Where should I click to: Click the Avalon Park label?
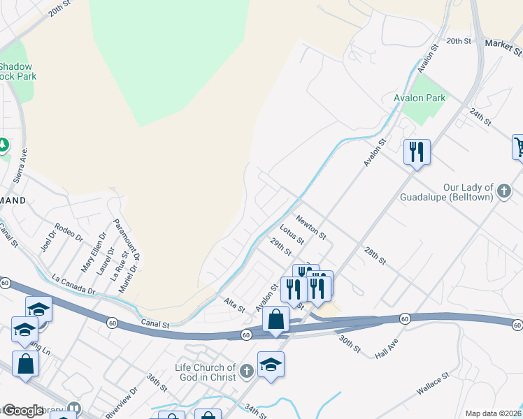pos(420,98)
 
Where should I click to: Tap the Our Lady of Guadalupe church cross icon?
pos(503,190)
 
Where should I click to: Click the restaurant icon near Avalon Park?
pos(417,152)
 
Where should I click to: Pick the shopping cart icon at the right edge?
pos(519,147)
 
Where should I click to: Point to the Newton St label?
pos(311,227)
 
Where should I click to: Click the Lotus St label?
pos(292,235)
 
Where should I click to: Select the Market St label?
pos(503,47)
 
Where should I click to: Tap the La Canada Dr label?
pos(73,284)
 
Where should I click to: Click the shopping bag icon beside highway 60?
pos(276,319)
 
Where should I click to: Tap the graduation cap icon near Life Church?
pos(271,364)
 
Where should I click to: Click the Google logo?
pos(22,411)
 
